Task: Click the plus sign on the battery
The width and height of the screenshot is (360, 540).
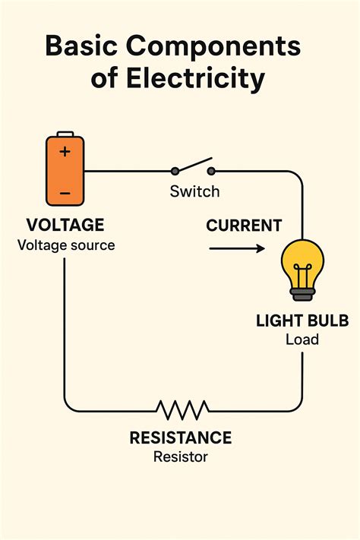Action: point(65,151)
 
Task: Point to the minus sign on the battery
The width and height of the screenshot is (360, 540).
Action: point(65,194)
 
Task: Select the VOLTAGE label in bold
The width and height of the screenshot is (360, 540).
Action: point(65,226)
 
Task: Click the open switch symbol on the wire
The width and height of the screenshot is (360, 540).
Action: point(193,169)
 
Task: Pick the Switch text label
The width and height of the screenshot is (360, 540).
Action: point(194,191)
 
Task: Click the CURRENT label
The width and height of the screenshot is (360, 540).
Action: point(244,226)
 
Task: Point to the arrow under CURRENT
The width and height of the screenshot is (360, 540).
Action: point(237,248)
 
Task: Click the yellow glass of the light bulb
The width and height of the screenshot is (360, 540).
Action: point(302,261)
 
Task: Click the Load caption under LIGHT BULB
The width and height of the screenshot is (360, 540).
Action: point(302,339)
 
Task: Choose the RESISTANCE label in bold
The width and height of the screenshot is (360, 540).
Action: point(181,438)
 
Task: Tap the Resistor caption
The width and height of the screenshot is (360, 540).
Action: point(181,456)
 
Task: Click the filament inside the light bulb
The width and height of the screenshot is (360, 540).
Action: point(302,273)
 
